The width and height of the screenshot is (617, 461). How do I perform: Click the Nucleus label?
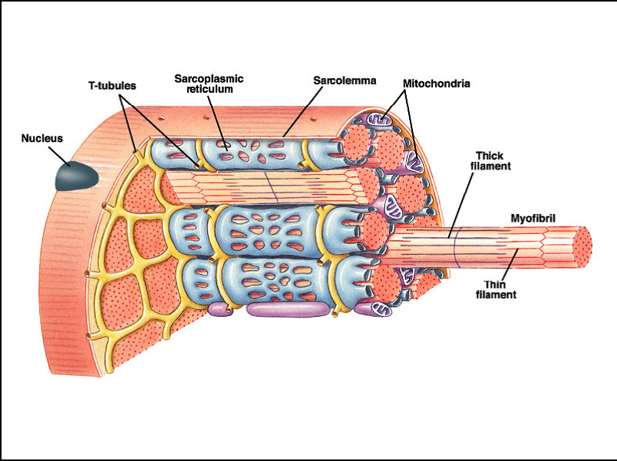click(x=41, y=139)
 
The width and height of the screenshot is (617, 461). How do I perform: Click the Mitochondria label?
click(x=436, y=82)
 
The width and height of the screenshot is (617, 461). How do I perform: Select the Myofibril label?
click(x=533, y=219)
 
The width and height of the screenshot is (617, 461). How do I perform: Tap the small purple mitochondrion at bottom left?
click(x=222, y=309)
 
